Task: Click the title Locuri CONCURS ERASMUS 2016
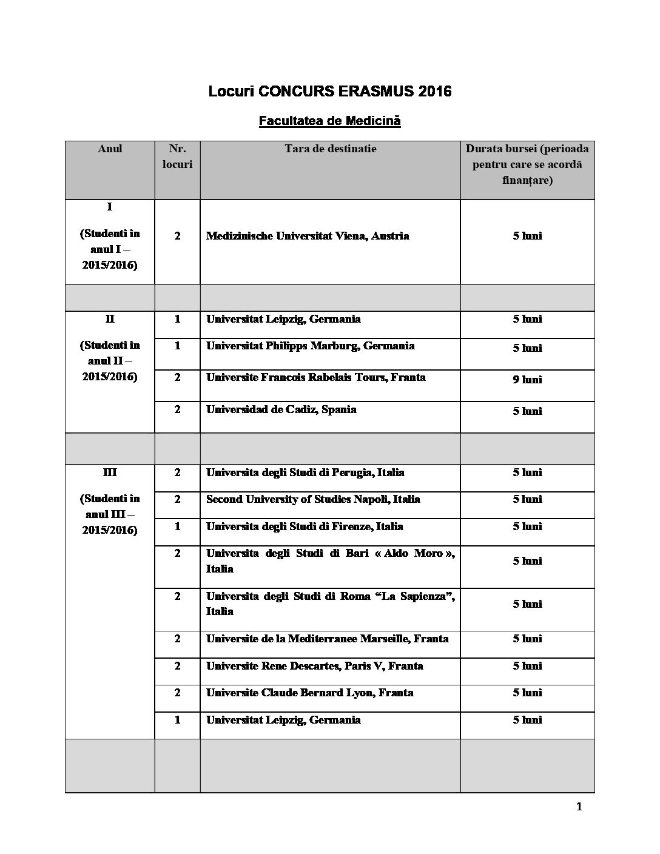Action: pyautogui.click(x=330, y=92)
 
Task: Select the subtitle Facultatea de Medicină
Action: pyautogui.click(x=329, y=121)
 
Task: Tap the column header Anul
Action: pyautogui.click(x=110, y=149)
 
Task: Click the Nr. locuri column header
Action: pyautogui.click(x=177, y=156)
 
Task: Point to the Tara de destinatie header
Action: pyautogui.click(x=330, y=149)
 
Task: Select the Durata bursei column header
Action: pyautogui.click(x=527, y=164)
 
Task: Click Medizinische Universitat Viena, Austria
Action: pyautogui.click(x=308, y=236)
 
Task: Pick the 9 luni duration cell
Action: pyautogui.click(x=527, y=380)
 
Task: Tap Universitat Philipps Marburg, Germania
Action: pyautogui.click(x=310, y=346)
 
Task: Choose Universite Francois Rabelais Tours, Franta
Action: pyautogui.click(x=315, y=377)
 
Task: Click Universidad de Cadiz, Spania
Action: pyautogui.click(x=281, y=409)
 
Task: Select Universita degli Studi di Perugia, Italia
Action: pyautogui.click(x=305, y=472)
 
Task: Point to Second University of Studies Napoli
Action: pyautogui.click(x=313, y=499)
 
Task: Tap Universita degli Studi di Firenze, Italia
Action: pyautogui.click(x=305, y=526)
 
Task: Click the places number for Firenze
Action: pyautogui.click(x=177, y=526)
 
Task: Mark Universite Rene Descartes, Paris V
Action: pyautogui.click(x=314, y=666)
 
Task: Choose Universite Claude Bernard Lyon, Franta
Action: pyautogui.click(x=309, y=693)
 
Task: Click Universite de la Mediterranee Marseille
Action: pyautogui.click(x=327, y=639)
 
